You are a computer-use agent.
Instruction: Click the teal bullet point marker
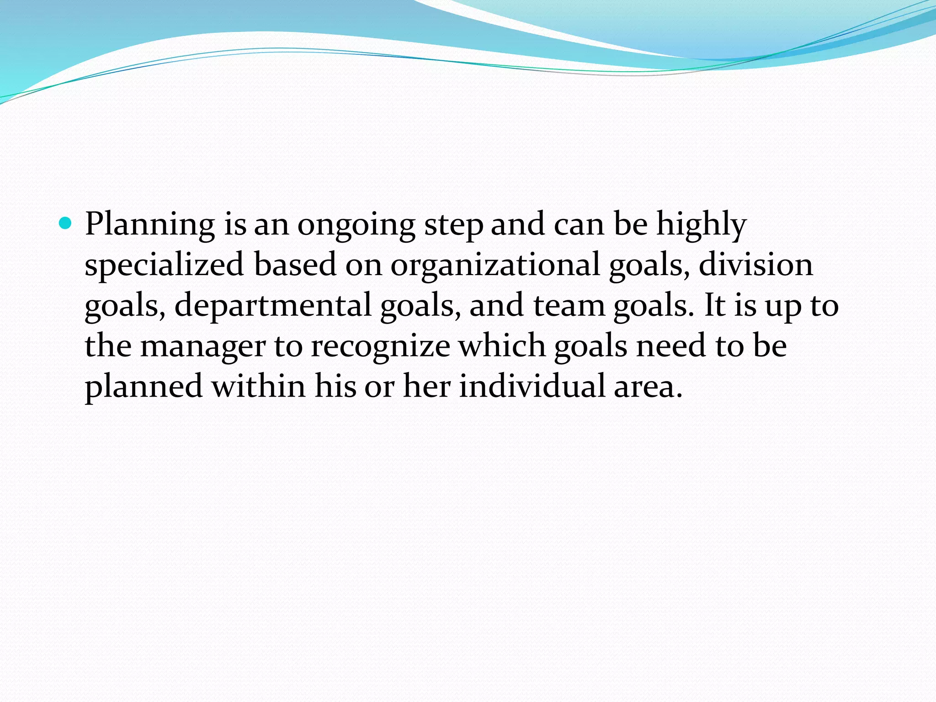66,223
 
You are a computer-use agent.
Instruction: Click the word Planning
150,225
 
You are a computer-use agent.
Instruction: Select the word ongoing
356,225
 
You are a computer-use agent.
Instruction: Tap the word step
453,225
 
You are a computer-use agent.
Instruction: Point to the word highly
702,225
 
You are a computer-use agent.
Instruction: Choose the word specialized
164,266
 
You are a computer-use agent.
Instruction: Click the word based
295,265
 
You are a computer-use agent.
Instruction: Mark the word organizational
495,266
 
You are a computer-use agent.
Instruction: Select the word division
756,265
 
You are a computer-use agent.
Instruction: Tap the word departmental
273,306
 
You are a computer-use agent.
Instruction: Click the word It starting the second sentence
714,305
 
